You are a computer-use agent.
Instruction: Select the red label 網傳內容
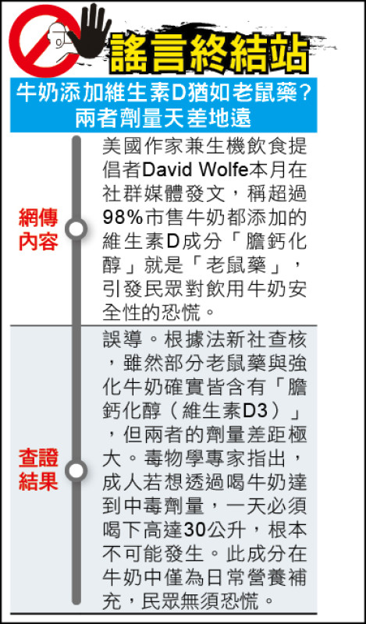pos(38,229)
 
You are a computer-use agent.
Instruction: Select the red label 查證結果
pos(38,470)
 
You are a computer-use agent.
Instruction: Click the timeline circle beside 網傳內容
pos(76,229)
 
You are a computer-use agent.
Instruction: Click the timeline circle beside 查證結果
pos(76,470)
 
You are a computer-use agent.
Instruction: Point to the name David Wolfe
pos(195,171)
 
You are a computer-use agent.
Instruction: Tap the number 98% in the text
pos(123,218)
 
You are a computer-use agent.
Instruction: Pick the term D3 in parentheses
pos(254,412)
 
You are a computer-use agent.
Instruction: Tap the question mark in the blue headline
pos(304,94)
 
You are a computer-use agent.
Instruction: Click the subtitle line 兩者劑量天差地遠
pos(163,119)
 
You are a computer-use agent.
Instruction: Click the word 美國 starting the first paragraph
pos(123,147)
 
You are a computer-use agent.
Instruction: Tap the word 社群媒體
pos(143,194)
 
